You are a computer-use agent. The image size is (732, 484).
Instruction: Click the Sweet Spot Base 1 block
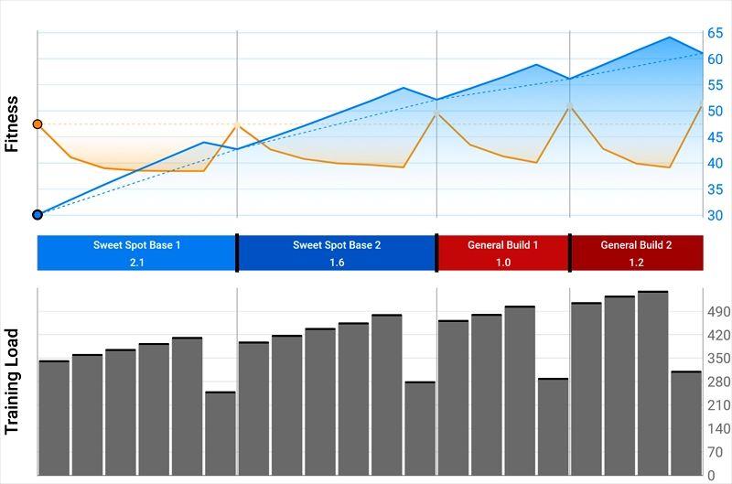137,253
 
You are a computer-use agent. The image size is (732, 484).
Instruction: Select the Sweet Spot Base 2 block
337,253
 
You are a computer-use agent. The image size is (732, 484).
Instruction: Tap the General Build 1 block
503,253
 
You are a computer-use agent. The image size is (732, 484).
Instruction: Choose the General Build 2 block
637,253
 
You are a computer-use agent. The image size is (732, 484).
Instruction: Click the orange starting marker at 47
38,124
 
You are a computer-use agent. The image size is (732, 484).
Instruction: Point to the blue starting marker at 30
38,215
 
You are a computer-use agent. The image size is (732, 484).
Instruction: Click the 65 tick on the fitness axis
715,33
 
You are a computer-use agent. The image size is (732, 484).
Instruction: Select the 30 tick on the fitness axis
715,215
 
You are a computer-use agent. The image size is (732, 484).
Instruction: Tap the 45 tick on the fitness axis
715,137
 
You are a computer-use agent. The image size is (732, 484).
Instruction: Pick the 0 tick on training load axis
710,475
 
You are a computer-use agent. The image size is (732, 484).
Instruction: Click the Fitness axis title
12,124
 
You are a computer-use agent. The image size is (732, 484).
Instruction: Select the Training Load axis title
12,382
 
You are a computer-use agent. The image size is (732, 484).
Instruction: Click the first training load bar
54,417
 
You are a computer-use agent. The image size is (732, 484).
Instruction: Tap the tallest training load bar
652,382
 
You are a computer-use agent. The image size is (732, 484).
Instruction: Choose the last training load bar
686,423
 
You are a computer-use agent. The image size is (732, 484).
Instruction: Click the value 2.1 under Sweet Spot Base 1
137,263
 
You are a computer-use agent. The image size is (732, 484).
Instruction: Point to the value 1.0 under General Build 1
503,263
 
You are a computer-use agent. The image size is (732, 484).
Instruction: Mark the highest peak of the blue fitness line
670,38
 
